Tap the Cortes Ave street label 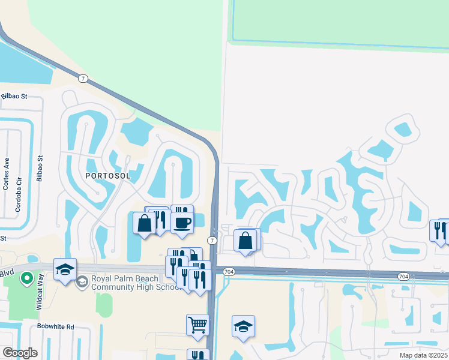pyautogui.click(x=7, y=174)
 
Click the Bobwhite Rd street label pyautogui.click(x=55, y=326)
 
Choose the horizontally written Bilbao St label pyautogui.click(x=14, y=96)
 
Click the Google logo pyautogui.click(x=20, y=353)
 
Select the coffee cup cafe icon pyautogui.click(x=182, y=223)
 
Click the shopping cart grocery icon pyautogui.click(x=197, y=325)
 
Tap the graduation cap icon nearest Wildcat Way pyautogui.click(x=65, y=269)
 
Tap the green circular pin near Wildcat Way pyautogui.click(x=26, y=278)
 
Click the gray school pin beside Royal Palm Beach pyautogui.click(x=83, y=281)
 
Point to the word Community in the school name pyautogui.click(x=115, y=287)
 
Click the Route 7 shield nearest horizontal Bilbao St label pyautogui.click(x=83, y=78)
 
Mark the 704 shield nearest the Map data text pyautogui.click(x=403, y=276)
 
